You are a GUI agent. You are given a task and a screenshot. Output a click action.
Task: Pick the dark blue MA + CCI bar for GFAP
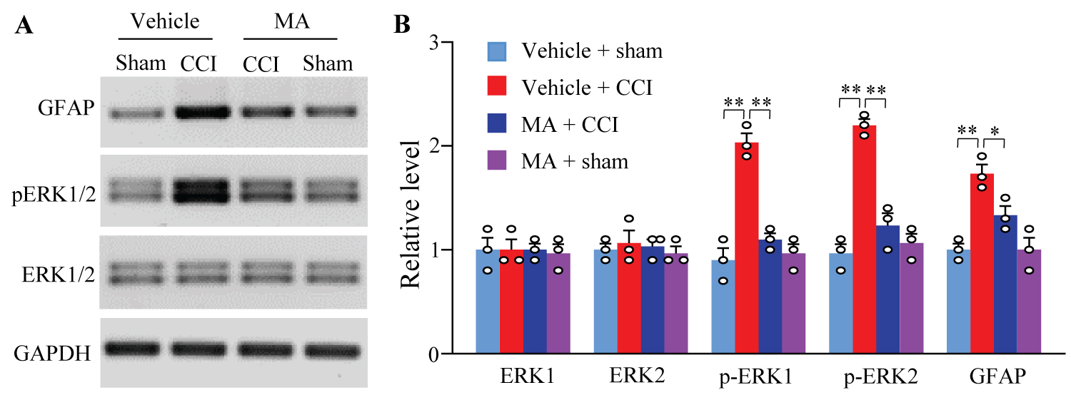pos(1005,284)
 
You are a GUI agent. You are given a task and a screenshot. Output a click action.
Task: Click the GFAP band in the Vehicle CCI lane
pos(200,113)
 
